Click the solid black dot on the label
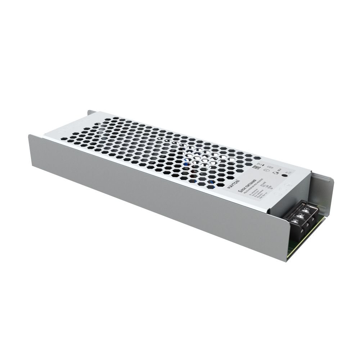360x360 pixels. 284,176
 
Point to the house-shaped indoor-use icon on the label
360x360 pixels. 276,173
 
